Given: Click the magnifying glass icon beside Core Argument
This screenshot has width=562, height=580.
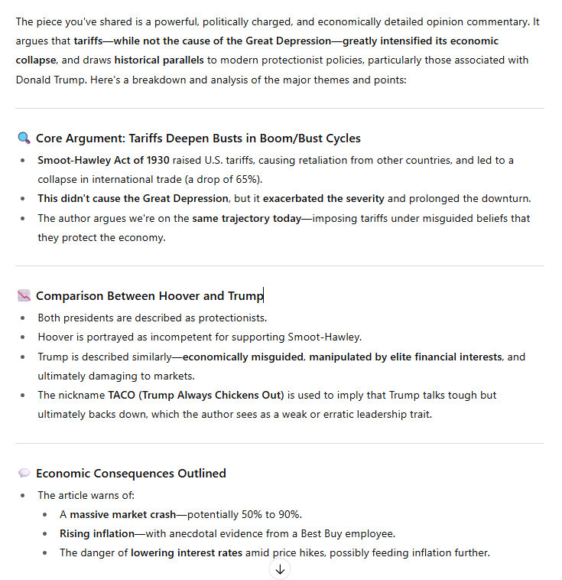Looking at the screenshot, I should coord(24,138).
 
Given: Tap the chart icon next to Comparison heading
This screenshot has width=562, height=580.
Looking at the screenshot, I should coord(24,296).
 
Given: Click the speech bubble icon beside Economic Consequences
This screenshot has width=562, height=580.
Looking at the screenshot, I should coord(24,474).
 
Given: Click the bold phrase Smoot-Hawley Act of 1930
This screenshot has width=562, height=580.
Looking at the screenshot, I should coord(93,160).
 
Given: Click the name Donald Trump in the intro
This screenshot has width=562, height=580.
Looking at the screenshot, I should coord(49,80).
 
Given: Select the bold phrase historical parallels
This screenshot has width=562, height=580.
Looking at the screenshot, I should coord(162,60).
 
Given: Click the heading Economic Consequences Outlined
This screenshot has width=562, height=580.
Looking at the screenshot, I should coord(131,474).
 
